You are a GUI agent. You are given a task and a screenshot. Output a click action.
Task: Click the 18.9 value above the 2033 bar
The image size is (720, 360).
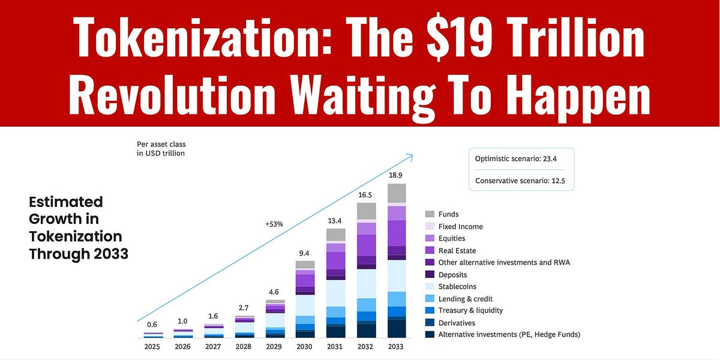pos(396,175)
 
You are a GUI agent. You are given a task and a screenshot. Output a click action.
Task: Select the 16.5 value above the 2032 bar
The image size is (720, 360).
pos(366,194)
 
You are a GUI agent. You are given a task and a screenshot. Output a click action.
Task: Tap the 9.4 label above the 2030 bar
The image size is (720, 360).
pos(305,253)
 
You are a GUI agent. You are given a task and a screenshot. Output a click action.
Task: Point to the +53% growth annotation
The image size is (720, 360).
pos(274,224)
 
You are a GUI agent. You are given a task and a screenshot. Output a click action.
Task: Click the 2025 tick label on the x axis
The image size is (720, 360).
pos(152,347)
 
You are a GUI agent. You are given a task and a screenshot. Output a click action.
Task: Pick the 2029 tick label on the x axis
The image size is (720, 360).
pos(274,347)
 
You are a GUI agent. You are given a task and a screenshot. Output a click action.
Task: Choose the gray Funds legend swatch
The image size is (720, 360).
pos(429,214)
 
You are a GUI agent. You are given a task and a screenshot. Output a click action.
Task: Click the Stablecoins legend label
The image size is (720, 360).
pos(457,286)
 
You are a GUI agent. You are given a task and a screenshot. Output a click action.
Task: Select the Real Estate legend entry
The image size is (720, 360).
pos(457,250)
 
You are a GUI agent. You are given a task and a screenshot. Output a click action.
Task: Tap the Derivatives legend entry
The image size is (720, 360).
pos(457,323)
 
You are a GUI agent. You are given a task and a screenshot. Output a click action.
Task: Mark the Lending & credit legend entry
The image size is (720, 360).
pos(465,299)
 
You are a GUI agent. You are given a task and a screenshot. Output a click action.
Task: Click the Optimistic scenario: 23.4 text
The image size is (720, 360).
pos(521,159)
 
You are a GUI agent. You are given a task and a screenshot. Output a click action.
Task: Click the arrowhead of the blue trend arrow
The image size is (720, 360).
pos(410,157)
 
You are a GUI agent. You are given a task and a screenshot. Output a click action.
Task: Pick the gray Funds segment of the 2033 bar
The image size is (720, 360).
pos(396,193)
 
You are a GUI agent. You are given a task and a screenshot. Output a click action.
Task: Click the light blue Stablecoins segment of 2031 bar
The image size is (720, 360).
pos(335,293)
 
